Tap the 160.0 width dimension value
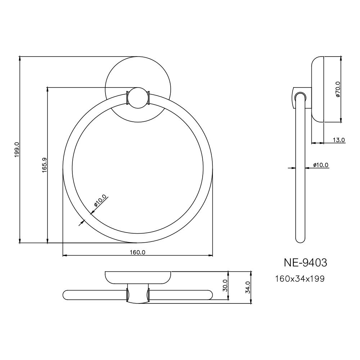tap(138, 252)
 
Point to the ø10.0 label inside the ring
tap(100, 201)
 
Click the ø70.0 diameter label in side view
tap(338, 89)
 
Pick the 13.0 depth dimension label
tap(338, 140)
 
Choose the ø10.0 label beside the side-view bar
tap(320, 165)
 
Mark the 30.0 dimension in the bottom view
tap(225, 285)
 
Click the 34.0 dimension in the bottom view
tap(247, 287)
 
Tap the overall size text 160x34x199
tap(300, 279)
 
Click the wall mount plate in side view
tap(318, 89)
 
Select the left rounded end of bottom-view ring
tap(67, 294)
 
